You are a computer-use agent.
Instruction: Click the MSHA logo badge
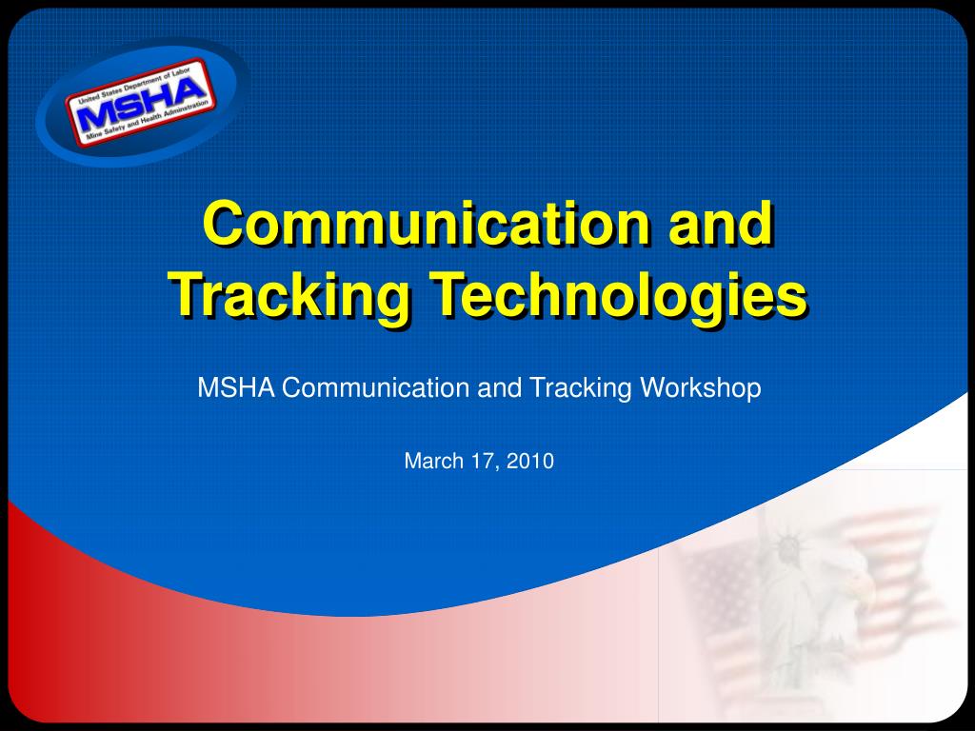(141, 101)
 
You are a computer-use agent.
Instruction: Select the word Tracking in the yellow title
(290, 296)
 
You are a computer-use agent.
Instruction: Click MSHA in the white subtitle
(236, 388)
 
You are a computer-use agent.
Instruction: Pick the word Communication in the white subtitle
(375, 388)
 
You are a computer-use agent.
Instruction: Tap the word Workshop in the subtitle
(701, 388)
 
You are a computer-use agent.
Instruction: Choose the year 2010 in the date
(529, 462)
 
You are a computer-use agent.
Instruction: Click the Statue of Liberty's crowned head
(787, 546)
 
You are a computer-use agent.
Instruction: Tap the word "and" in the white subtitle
(499, 388)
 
